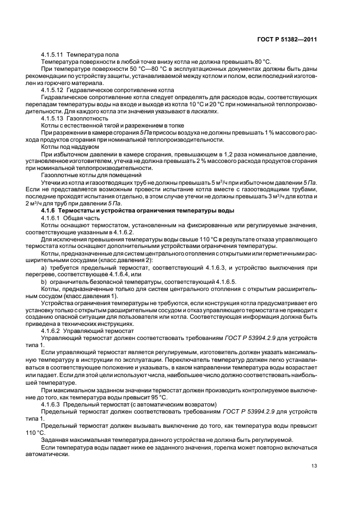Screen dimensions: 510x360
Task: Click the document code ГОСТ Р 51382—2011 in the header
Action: (286, 39)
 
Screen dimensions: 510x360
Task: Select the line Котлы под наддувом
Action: (70, 146)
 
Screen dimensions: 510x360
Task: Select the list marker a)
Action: (44, 268)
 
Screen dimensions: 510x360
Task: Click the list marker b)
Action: (44, 282)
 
